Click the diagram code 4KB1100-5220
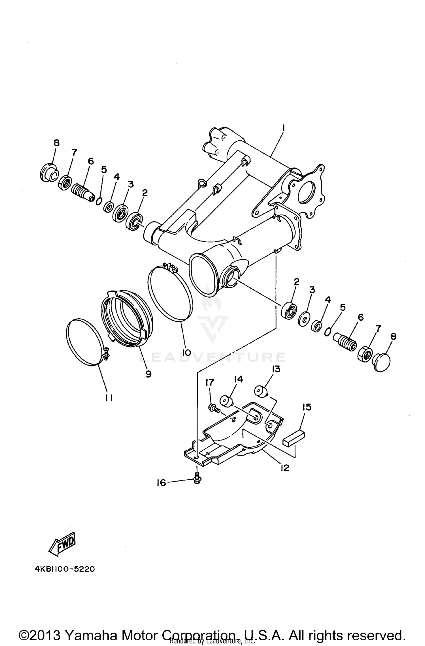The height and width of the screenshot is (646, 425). pos(65,569)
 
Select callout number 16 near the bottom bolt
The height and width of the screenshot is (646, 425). pos(161,482)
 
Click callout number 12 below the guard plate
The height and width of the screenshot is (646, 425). pos(284,468)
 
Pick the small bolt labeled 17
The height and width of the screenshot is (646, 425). pos(214,408)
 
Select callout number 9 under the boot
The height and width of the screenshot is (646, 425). pos(148,374)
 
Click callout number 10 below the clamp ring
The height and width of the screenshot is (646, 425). pos(186,353)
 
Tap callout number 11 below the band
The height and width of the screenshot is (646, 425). pos(109,398)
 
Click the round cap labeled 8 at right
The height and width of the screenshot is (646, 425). pos(382,362)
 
